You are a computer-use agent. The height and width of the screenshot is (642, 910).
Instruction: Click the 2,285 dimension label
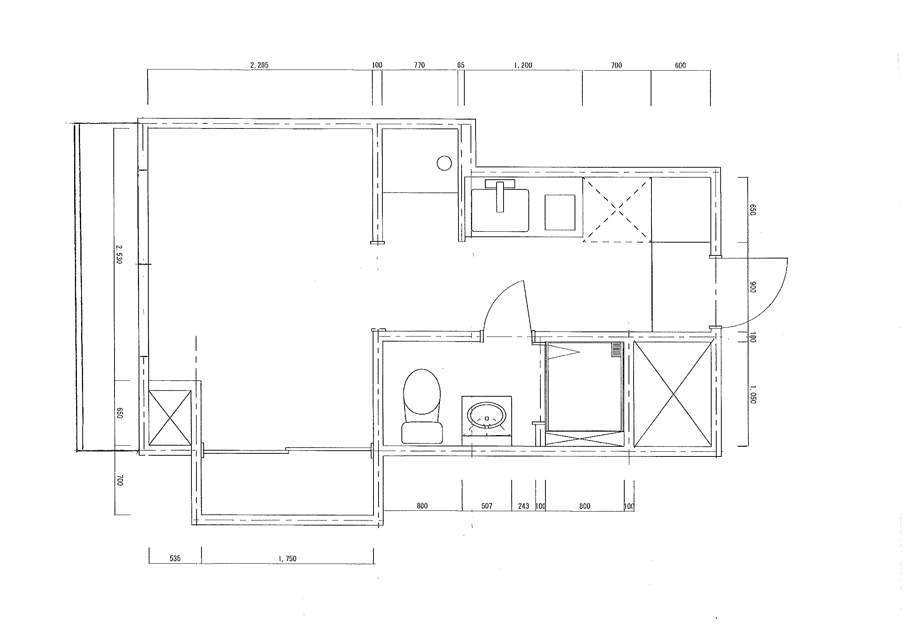(260, 65)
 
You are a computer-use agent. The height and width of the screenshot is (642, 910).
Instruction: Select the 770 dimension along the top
(419, 65)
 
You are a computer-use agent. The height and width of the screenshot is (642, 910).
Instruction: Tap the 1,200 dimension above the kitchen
(523, 65)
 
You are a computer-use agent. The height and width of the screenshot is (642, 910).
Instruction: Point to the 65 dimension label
(460, 65)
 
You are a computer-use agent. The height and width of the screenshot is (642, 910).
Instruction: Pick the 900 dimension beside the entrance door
(753, 287)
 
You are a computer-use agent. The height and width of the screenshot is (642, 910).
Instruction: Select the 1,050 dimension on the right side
(753, 394)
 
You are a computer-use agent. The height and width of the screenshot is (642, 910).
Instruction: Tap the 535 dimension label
(175, 559)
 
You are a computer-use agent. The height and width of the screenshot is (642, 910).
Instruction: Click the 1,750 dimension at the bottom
(287, 559)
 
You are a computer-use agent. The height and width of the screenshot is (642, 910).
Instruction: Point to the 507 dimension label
(486, 506)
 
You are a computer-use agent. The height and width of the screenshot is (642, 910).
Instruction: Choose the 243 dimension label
(524, 506)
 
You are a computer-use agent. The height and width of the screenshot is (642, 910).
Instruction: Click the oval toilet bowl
(422, 392)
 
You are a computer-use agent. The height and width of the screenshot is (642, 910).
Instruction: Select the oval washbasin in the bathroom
(487, 416)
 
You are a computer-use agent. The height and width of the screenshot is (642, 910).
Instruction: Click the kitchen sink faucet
(500, 196)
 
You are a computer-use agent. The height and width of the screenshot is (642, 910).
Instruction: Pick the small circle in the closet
(444, 163)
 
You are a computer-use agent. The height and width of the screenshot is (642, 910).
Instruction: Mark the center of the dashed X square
(617, 210)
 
